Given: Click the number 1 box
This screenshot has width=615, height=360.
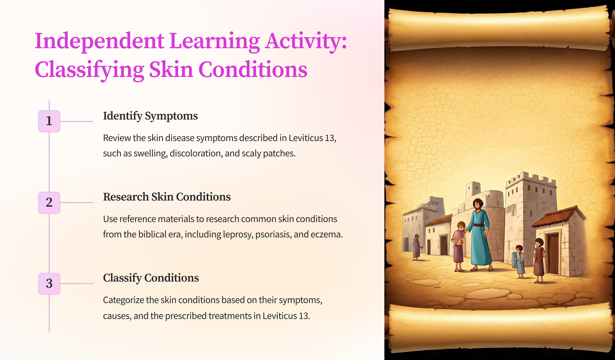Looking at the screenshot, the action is pyautogui.click(x=49, y=121).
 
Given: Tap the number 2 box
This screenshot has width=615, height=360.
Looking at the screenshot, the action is pyautogui.click(x=49, y=203).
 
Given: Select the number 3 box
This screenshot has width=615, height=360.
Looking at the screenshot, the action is pyautogui.click(x=49, y=284).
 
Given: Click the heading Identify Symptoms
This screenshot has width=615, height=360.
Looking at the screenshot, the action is pyautogui.click(x=150, y=116).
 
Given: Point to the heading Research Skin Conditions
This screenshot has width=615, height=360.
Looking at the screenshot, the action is pyautogui.click(x=167, y=197).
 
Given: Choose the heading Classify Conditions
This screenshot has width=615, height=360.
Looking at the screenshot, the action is pyautogui.click(x=151, y=278).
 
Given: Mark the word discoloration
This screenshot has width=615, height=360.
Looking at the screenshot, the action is pyautogui.click(x=196, y=154).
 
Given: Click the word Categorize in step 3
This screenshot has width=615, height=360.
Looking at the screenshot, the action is pyautogui.click(x=123, y=301).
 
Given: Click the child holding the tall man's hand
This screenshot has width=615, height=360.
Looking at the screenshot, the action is pyautogui.click(x=459, y=246).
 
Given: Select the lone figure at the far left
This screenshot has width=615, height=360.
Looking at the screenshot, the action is pyautogui.click(x=417, y=247).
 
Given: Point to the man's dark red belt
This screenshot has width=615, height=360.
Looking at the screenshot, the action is pyautogui.click(x=479, y=225).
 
